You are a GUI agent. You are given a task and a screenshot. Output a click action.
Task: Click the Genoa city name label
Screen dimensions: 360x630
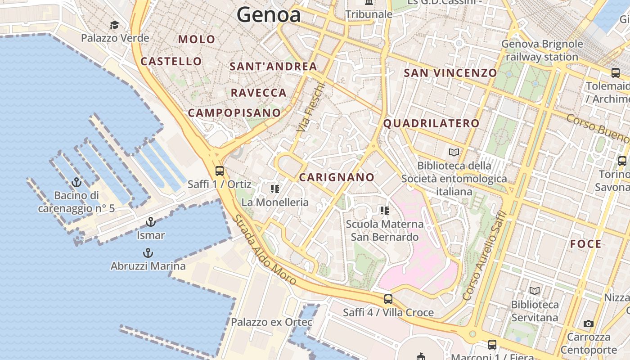269,15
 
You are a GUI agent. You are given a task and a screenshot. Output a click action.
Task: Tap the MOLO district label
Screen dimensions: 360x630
197,39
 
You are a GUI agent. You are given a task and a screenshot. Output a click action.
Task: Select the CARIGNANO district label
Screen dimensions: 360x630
337,177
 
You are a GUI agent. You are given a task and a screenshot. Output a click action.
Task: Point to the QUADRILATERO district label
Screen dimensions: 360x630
431,123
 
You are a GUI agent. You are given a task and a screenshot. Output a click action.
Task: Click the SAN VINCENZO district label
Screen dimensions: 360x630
450,73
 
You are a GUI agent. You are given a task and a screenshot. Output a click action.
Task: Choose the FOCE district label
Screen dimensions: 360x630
585,244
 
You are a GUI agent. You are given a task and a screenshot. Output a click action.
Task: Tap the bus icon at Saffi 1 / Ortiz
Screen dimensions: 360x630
220,171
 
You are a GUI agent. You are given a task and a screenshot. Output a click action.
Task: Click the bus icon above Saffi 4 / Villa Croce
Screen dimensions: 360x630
388,299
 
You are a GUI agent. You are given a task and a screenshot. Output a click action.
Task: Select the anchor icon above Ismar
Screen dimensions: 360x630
151,222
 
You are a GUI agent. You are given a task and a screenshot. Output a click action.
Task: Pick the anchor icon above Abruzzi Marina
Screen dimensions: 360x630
148,253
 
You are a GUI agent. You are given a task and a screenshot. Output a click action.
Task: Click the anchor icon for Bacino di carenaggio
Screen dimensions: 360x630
76,182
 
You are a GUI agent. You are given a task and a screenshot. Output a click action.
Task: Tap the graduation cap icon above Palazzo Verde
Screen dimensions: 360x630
115,25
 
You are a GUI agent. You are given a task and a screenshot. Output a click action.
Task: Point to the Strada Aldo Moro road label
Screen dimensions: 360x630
265,250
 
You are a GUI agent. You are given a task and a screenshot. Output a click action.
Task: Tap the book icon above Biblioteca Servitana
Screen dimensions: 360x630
535,291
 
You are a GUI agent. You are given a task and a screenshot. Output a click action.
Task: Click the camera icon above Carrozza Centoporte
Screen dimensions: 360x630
588,324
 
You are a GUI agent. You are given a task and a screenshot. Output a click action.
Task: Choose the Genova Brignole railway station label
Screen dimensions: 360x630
542,50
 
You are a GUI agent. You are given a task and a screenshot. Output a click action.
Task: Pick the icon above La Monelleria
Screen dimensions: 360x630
274,189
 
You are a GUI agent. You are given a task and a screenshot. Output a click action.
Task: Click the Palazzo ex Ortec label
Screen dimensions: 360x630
271,322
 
